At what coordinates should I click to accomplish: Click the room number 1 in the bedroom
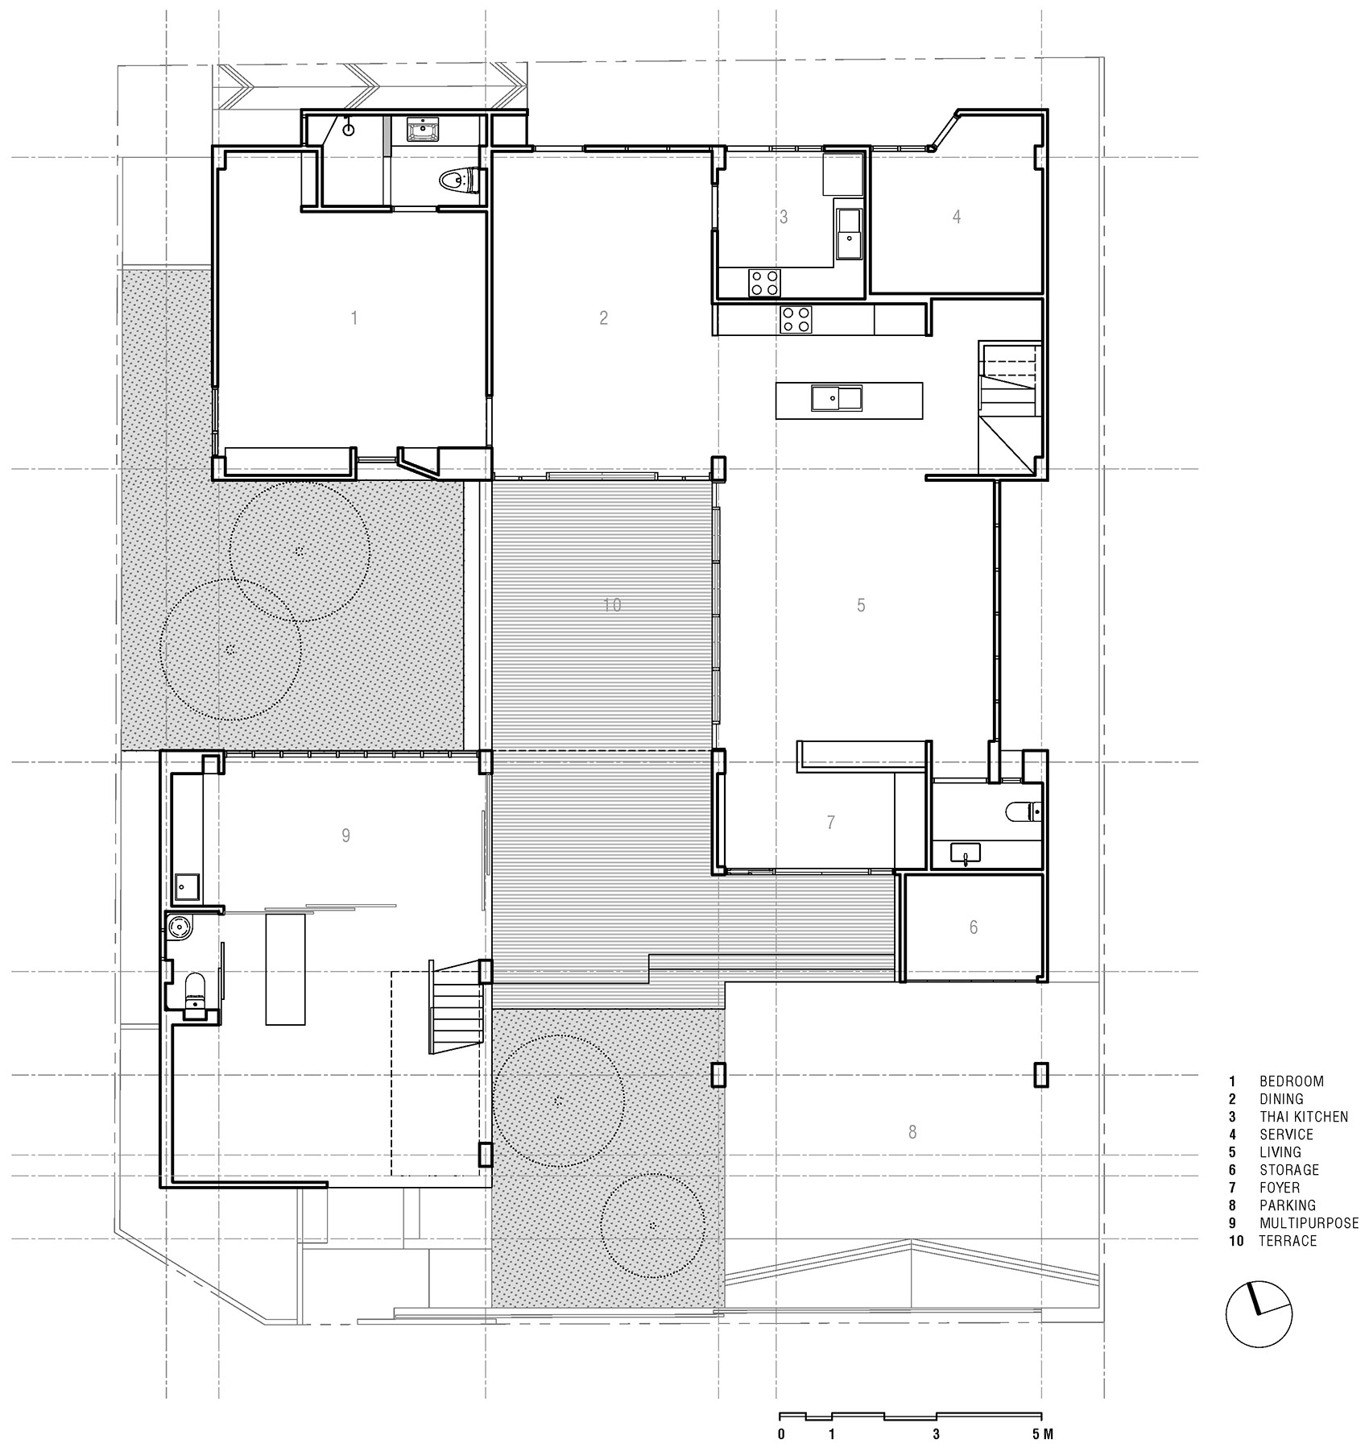pyautogui.click(x=354, y=318)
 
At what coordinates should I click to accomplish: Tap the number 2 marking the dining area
pyautogui.click(x=604, y=318)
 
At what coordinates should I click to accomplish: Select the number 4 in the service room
pyautogui.click(x=957, y=216)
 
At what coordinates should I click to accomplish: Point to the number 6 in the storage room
pyautogui.click(x=974, y=927)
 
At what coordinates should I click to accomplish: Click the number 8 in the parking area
pyautogui.click(x=912, y=1133)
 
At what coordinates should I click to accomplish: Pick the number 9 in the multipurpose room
pyautogui.click(x=346, y=836)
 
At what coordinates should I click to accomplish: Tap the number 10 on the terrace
pyautogui.click(x=612, y=604)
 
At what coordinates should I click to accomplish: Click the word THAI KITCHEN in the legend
pyautogui.click(x=1304, y=1117)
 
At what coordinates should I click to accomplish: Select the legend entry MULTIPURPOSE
pyautogui.click(x=1309, y=1223)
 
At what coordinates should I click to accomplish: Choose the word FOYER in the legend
pyautogui.click(x=1280, y=1188)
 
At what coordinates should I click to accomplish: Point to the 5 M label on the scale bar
pyautogui.click(x=1042, y=1434)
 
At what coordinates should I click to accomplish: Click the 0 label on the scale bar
pyautogui.click(x=781, y=1434)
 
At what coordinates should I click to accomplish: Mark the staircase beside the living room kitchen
pyautogui.click(x=1010, y=407)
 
